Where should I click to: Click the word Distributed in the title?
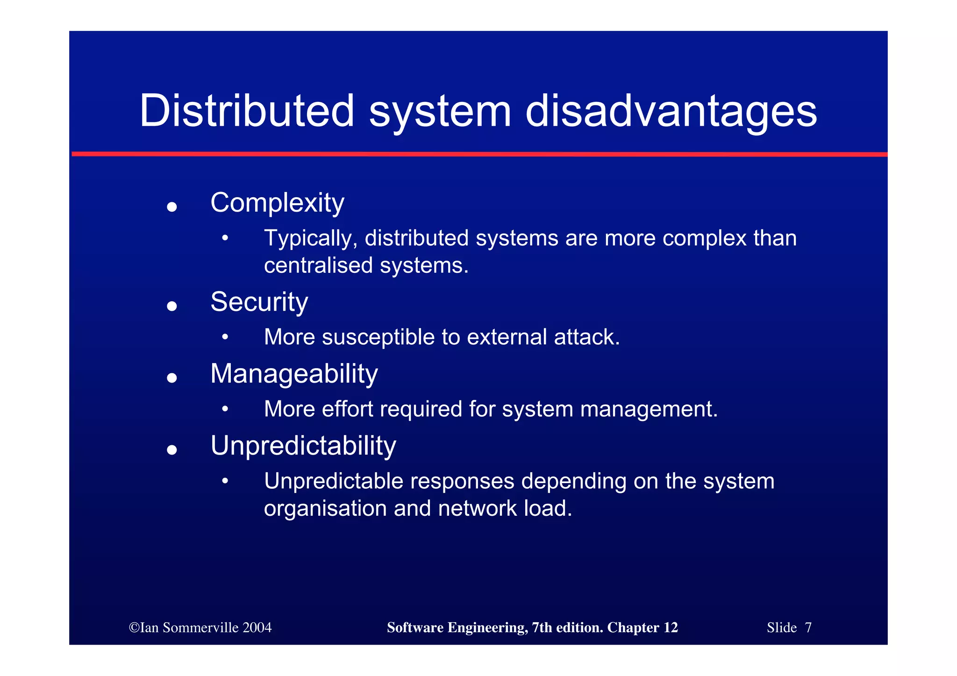(x=247, y=111)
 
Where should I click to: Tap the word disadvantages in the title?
(x=671, y=111)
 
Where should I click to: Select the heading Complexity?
(x=277, y=203)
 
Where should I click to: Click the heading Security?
(x=259, y=302)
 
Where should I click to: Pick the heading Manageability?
(x=294, y=374)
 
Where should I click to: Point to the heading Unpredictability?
(x=303, y=446)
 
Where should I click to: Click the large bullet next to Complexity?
(x=172, y=206)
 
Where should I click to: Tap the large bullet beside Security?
(x=172, y=306)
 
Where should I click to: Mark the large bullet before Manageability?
(x=172, y=377)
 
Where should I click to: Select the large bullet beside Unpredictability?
(x=172, y=449)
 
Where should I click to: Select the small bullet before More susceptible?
(x=225, y=337)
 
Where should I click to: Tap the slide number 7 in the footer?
(x=808, y=627)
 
